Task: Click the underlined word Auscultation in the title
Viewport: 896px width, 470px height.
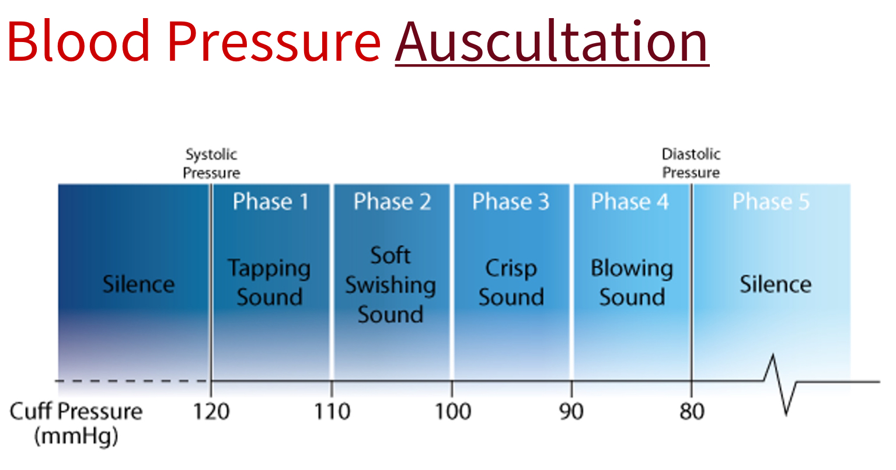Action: pyautogui.click(x=551, y=42)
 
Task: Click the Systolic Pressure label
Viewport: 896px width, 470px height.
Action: pyautogui.click(x=211, y=164)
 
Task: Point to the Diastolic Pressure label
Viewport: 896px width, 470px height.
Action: pyautogui.click(x=691, y=163)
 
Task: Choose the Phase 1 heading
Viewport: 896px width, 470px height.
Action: pyautogui.click(x=270, y=202)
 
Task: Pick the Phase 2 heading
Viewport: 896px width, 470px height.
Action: pyautogui.click(x=392, y=202)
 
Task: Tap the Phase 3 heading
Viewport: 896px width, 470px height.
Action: pyautogui.click(x=511, y=202)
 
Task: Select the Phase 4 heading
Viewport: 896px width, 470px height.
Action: pyautogui.click(x=630, y=202)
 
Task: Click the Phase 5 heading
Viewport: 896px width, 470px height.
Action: pyautogui.click(x=771, y=202)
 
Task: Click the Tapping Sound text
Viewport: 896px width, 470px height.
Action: pyautogui.click(x=269, y=283)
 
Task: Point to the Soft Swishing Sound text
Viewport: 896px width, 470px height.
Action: pyautogui.click(x=390, y=285)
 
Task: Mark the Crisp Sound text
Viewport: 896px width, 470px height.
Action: pyautogui.click(x=511, y=283)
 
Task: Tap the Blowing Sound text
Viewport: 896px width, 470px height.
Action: pyautogui.click(x=632, y=283)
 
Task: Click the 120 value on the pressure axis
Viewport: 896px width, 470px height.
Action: pyautogui.click(x=211, y=412)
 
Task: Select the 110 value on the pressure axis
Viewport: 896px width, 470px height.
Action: pyautogui.click(x=332, y=412)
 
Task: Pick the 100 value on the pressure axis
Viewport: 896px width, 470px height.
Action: pyautogui.click(x=452, y=412)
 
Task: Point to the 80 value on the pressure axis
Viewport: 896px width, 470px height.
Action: pyautogui.click(x=692, y=412)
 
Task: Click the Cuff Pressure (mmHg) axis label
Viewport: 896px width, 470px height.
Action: pyautogui.click(x=76, y=423)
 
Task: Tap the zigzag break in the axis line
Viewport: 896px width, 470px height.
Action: pyautogui.click(x=781, y=382)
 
